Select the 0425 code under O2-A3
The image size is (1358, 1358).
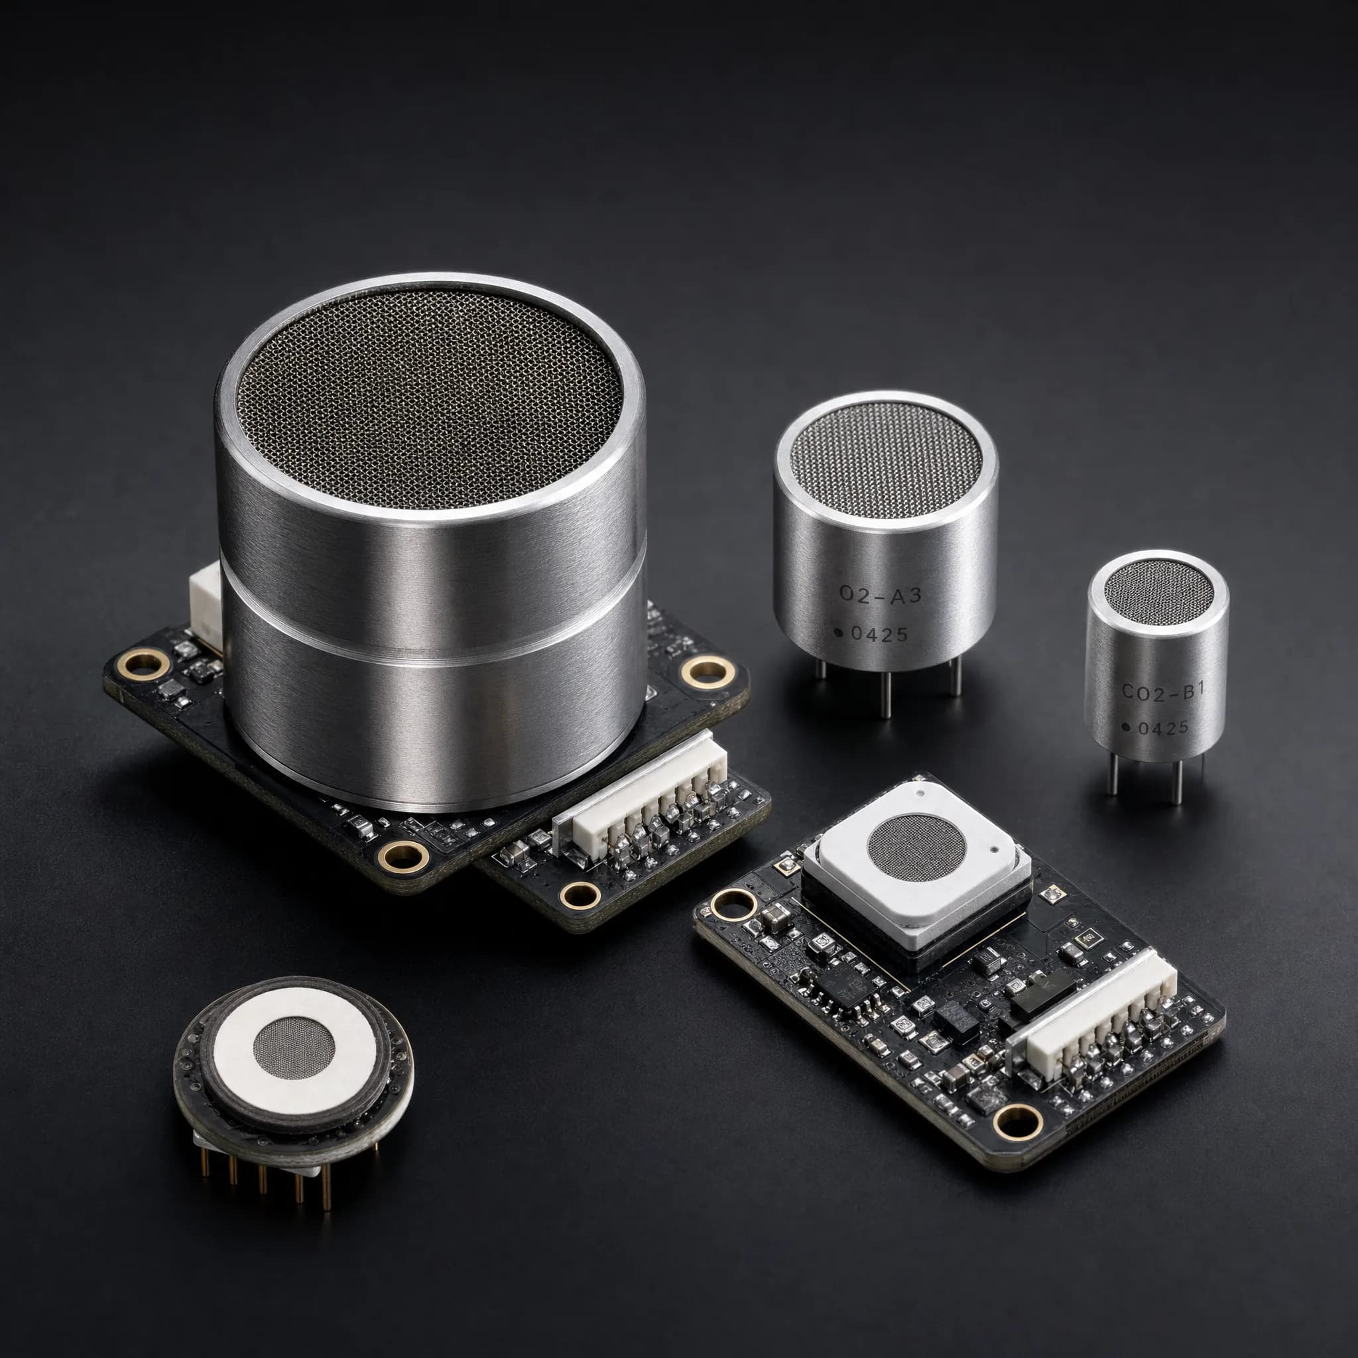(x=879, y=634)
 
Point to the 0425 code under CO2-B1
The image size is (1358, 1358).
(x=1163, y=728)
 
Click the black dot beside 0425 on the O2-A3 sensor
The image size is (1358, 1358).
(x=839, y=633)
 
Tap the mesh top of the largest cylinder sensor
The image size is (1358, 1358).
(x=430, y=397)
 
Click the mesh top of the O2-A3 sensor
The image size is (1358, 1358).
(x=886, y=458)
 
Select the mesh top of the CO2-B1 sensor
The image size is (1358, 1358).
(x=1158, y=593)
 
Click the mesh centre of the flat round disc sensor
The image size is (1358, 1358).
(x=293, y=1047)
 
